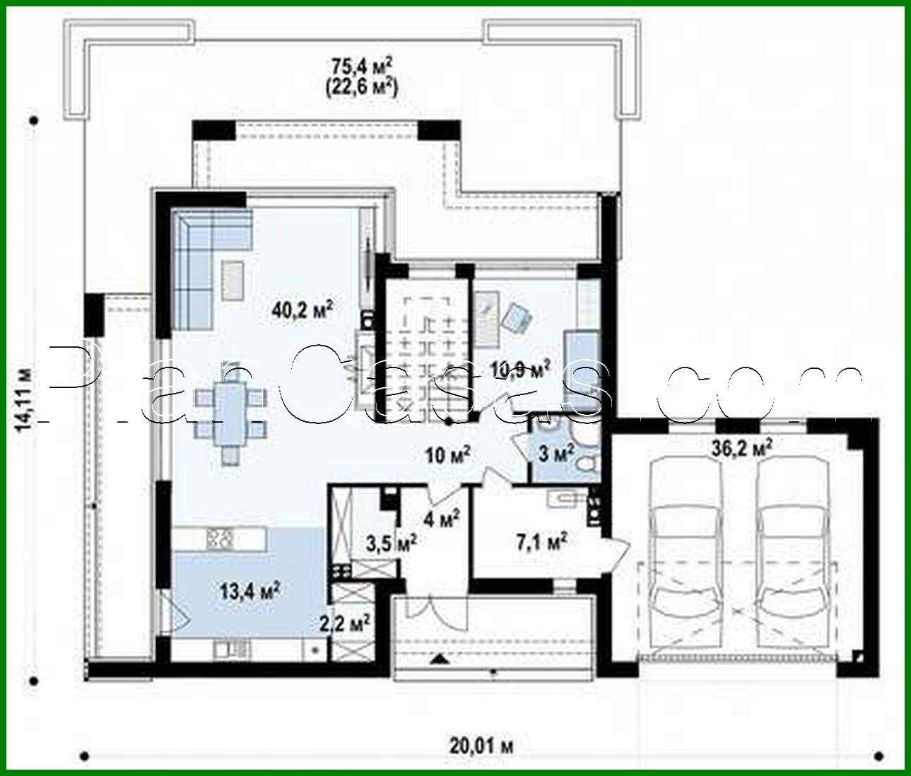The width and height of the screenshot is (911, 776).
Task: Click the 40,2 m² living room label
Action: click(302, 309)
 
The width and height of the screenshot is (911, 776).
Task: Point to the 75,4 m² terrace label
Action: click(363, 66)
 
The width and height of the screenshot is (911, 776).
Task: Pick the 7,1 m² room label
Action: click(543, 543)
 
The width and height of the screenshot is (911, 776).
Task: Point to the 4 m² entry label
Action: click(442, 519)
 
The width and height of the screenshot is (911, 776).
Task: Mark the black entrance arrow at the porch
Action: click(439, 659)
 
